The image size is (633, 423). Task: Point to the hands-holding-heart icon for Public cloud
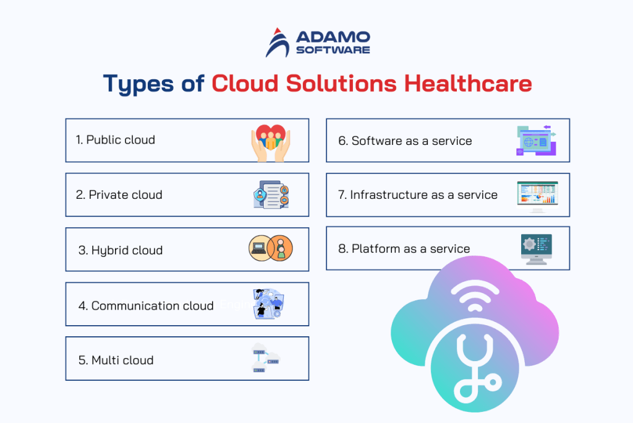pyautogui.click(x=270, y=142)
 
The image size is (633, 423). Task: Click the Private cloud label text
pyautogui.click(x=119, y=195)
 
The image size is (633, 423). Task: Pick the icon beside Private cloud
pyautogui.click(x=271, y=194)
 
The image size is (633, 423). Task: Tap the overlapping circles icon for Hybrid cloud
pyautogui.click(x=270, y=249)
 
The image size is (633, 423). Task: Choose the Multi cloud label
pyautogui.click(x=116, y=360)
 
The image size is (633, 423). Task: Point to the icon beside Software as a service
pyautogui.click(x=535, y=141)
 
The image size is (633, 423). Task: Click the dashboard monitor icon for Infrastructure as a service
pyautogui.click(x=537, y=196)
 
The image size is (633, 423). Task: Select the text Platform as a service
pyautogui.click(x=404, y=249)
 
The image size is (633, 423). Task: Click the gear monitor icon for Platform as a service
pyautogui.click(x=536, y=249)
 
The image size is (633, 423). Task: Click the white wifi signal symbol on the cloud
pyautogui.click(x=475, y=300)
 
